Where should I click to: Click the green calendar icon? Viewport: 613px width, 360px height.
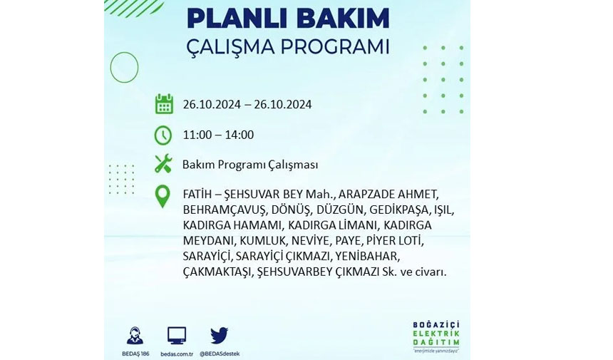coord(164,104)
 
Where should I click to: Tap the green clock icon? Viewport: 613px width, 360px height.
coord(163,135)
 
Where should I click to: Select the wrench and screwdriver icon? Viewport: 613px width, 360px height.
coord(163,163)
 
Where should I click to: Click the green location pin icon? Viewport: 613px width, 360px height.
coord(163,196)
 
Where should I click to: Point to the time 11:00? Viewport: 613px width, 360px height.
coord(195,135)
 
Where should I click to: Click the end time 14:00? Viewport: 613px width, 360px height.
coord(241,135)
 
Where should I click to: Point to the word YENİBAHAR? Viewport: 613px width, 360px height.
coord(367,257)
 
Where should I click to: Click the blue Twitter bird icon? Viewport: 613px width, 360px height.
coord(220,335)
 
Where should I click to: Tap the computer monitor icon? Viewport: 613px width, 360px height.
coord(177,336)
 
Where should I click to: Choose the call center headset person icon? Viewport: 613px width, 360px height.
coord(135,336)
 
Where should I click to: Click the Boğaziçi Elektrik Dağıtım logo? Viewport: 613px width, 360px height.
coord(436,336)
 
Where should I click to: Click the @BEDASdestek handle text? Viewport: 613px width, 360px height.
coord(220,354)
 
